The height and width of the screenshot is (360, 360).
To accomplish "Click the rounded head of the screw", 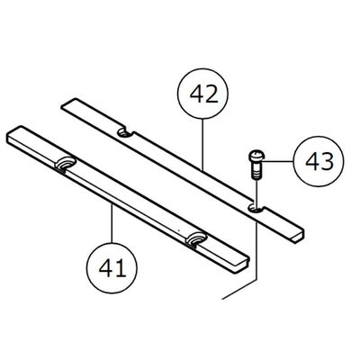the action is (x=256, y=156).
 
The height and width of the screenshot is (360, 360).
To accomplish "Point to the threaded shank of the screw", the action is (x=255, y=170).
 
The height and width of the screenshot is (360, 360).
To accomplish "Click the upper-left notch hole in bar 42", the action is (x=125, y=132).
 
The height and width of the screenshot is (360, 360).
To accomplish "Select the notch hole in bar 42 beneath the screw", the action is (x=255, y=208).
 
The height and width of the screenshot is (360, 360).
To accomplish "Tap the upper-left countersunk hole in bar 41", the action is (x=65, y=164).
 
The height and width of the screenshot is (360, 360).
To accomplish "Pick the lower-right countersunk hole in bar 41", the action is (x=196, y=239).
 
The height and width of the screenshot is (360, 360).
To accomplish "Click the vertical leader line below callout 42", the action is (x=202, y=145).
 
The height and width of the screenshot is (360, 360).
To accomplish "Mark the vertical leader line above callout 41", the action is (x=112, y=223).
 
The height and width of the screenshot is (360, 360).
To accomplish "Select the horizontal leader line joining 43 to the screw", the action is (x=277, y=162).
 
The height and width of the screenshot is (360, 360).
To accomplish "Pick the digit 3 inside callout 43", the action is (x=327, y=162).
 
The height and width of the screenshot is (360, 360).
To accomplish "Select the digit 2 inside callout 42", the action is (x=211, y=94).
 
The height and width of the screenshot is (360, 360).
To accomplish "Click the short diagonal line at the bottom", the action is (x=239, y=290).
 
